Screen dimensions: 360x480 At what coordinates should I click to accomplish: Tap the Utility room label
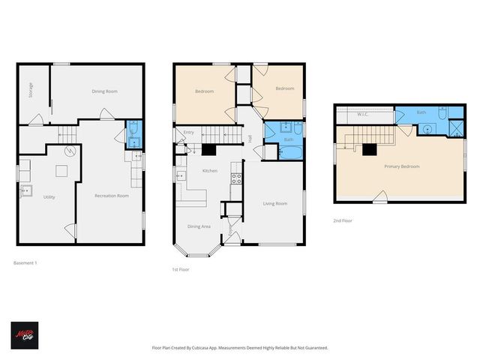(49, 196)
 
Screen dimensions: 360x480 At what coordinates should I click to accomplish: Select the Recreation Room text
(111, 196)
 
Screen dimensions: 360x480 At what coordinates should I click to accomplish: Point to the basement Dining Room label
(104, 91)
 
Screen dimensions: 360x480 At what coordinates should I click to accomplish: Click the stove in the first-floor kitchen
(235, 178)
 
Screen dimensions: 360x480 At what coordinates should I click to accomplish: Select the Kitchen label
(210, 171)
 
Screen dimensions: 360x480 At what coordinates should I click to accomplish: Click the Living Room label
(274, 203)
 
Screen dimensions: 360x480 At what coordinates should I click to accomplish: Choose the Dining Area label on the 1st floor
(199, 226)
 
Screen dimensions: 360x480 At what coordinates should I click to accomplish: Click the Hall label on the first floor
(250, 137)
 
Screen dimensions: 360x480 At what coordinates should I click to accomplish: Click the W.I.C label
(362, 115)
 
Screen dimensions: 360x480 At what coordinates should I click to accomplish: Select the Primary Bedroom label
(401, 166)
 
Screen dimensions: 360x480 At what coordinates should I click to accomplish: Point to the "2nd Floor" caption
(343, 220)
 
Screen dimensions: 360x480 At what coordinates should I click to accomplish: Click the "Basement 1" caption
(25, 262)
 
